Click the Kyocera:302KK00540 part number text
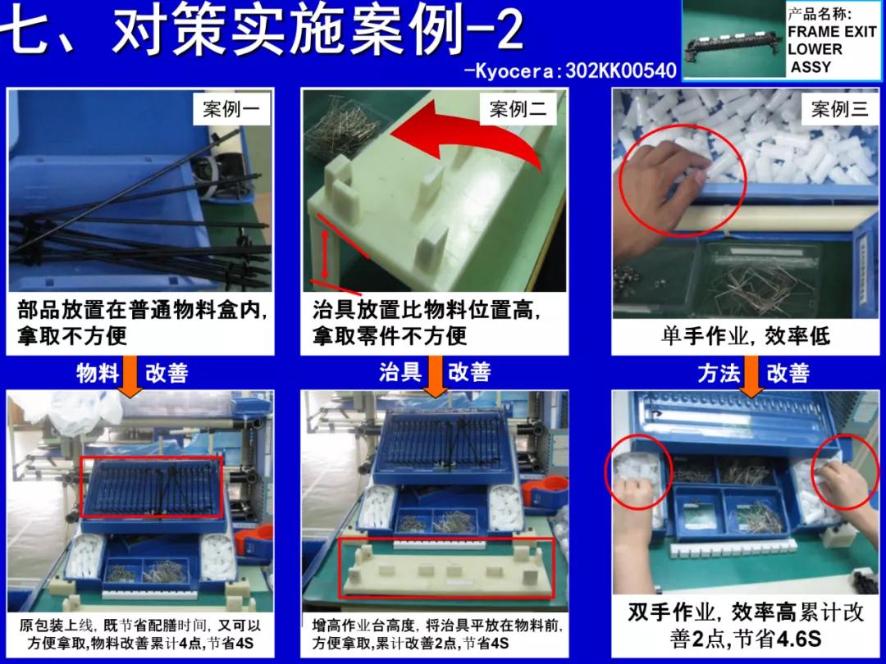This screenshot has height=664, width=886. coord(571,70)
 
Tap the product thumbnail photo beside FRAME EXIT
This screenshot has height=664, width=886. coord(733,39)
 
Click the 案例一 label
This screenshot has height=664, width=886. coord(231,110)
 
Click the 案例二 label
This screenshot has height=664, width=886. coord(518,110)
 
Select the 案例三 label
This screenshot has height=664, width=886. coord(839,110)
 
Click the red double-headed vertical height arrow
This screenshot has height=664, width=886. coord(326,255)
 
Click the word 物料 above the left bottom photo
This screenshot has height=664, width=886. coord(98,373)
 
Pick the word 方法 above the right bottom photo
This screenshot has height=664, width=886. coord(719,373)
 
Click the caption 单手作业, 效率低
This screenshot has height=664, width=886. coord(745,335)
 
